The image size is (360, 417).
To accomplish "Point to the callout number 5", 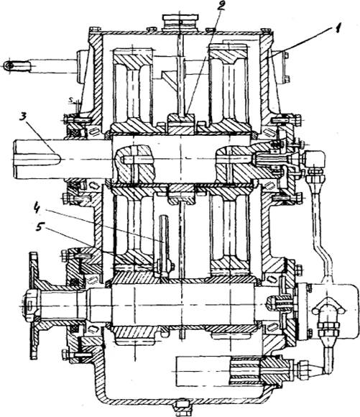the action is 40,227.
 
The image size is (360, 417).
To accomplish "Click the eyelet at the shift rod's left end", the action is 9,65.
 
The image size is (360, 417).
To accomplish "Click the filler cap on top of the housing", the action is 180,22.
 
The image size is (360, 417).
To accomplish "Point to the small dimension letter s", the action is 70,100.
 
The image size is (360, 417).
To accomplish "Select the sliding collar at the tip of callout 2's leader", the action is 181,124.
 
